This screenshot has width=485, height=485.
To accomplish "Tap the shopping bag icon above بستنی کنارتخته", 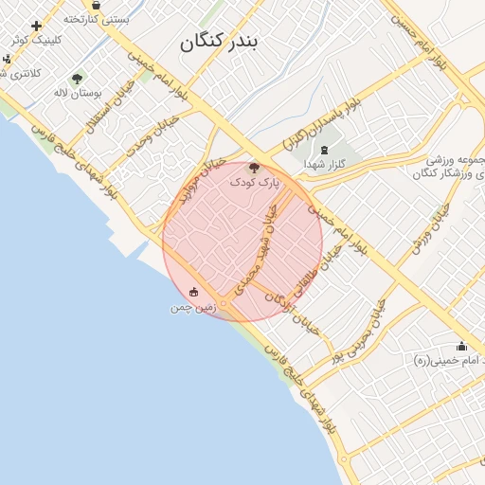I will coord(96,6).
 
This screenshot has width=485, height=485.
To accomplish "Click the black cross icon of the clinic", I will coord(37,26).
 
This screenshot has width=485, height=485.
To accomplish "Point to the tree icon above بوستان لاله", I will coord(77,79).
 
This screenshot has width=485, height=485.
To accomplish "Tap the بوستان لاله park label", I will coord(77,93).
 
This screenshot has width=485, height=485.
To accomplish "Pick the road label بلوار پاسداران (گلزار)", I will coord(321,125).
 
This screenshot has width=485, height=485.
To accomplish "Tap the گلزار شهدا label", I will coord(325,164).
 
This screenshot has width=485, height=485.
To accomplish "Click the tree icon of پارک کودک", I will coord(254,167).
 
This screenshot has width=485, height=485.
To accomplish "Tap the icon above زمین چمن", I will coord(194,292).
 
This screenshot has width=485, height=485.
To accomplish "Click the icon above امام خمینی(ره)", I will coord(461,346).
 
